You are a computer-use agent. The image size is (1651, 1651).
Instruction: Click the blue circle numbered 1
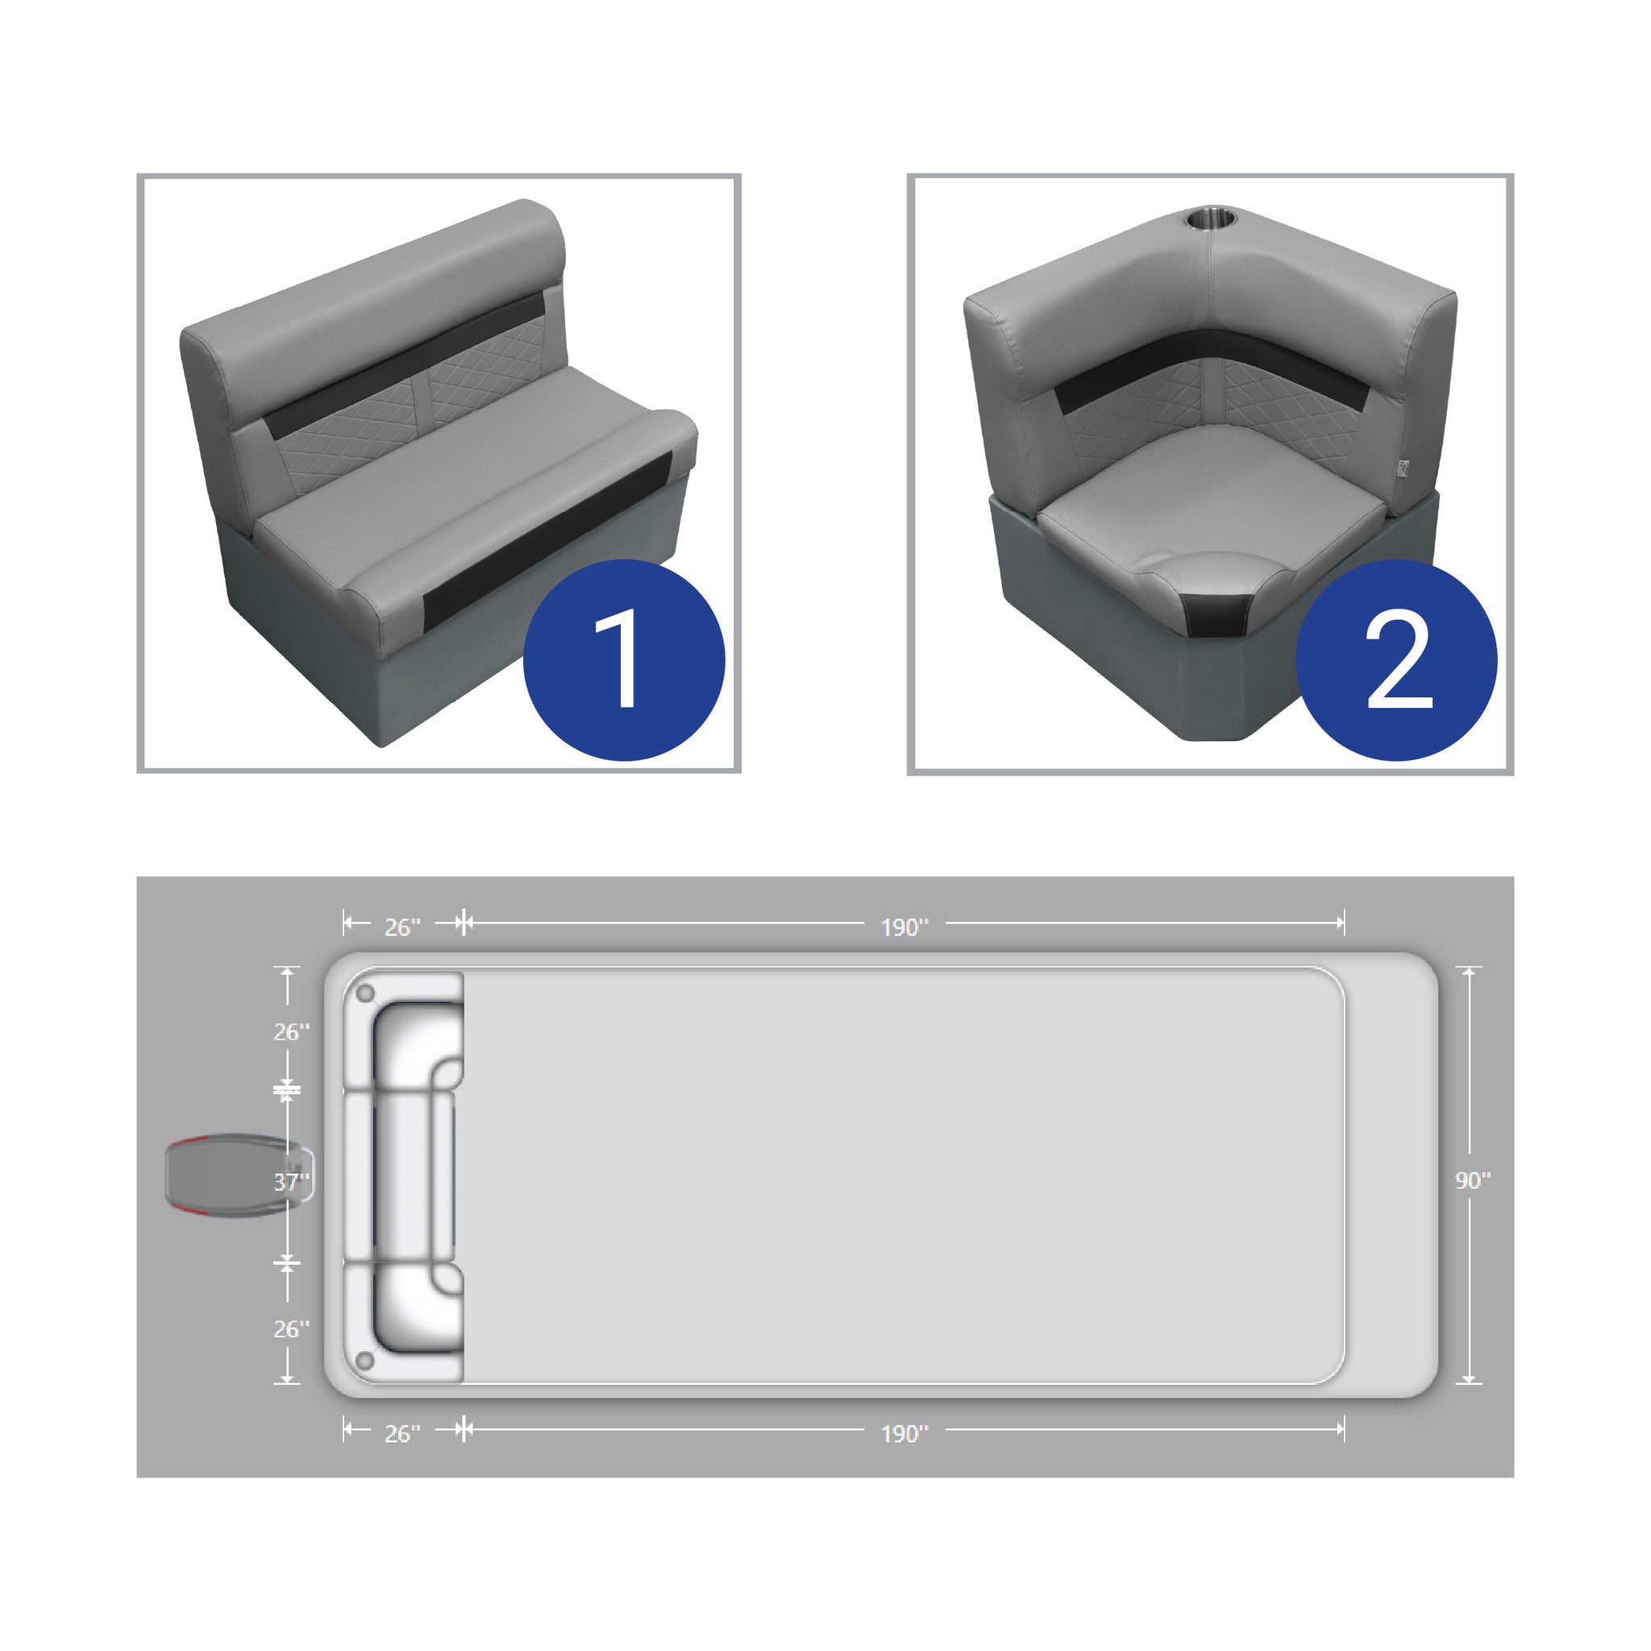pos(624,659)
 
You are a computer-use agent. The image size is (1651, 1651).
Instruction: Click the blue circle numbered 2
pos(1396,659)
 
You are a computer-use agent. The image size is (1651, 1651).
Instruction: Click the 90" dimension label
pos(1474,1179)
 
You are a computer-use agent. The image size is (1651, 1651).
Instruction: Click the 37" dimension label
pos(291,1182)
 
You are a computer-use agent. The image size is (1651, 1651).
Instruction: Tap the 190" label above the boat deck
pos(905,927)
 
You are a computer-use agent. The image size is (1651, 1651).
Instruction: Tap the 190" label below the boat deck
pos(905,1433)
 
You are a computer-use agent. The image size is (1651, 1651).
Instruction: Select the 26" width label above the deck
pos(402,927)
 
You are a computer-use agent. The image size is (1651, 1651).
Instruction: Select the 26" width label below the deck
pos(402,1433)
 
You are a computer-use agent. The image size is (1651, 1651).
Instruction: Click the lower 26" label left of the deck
pos(291,1329)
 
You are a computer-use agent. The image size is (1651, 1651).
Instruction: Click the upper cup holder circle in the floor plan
pos(366,994)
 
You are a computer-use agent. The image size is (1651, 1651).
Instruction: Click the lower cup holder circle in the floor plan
pos(366,1360)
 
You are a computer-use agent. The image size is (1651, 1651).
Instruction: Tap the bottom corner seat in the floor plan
pos(403,1322)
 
